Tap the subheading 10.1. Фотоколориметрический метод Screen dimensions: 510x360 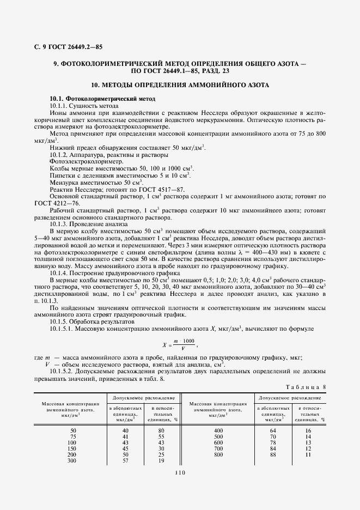(x=102, y=98)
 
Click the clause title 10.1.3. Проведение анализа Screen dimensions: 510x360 (x=88, y=224)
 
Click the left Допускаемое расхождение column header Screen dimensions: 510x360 (x=144, y=398)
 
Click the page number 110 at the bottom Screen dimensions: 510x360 (x=181, y=473)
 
